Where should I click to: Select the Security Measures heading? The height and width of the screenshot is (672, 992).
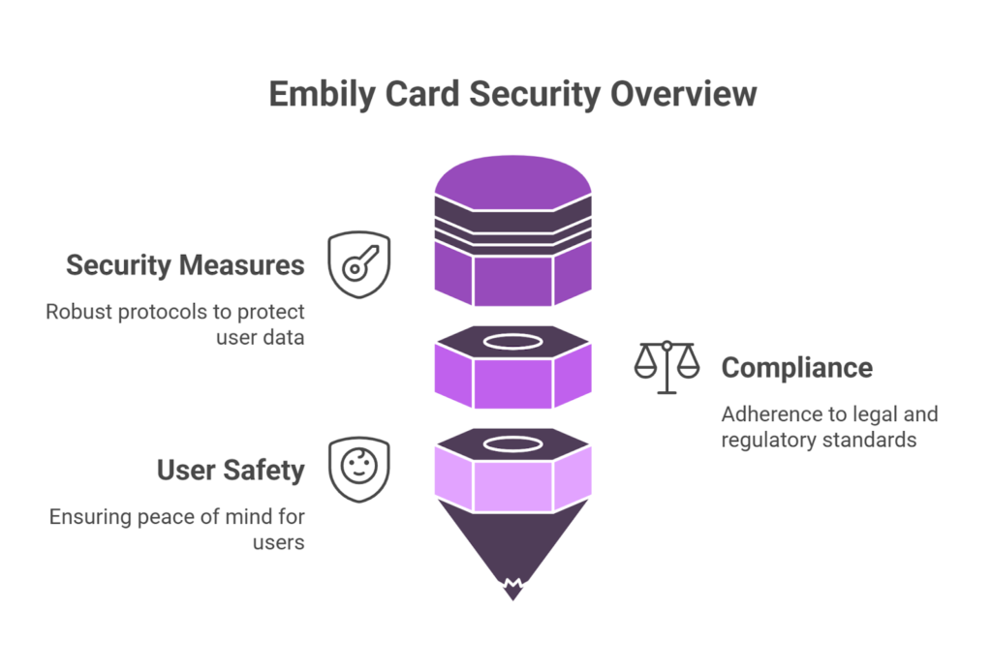click(185, 265)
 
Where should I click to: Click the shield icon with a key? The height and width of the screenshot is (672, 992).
click(358, 263)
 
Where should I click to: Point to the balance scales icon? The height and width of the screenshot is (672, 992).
click(666, 367)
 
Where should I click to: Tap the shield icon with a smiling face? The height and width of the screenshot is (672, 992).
click(358, 469)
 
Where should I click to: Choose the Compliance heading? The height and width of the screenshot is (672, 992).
click(796, 368)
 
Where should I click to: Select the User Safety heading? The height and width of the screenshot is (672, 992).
click(231, 471)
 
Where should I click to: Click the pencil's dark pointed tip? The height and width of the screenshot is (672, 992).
click(512, 562)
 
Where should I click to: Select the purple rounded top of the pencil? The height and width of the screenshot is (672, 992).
click(512, 178)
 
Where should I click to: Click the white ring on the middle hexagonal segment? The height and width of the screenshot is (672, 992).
click(512, 341)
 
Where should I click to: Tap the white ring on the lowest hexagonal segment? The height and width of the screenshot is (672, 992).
click(512, 444)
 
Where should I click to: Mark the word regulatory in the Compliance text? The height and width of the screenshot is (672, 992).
click(766, 440)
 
